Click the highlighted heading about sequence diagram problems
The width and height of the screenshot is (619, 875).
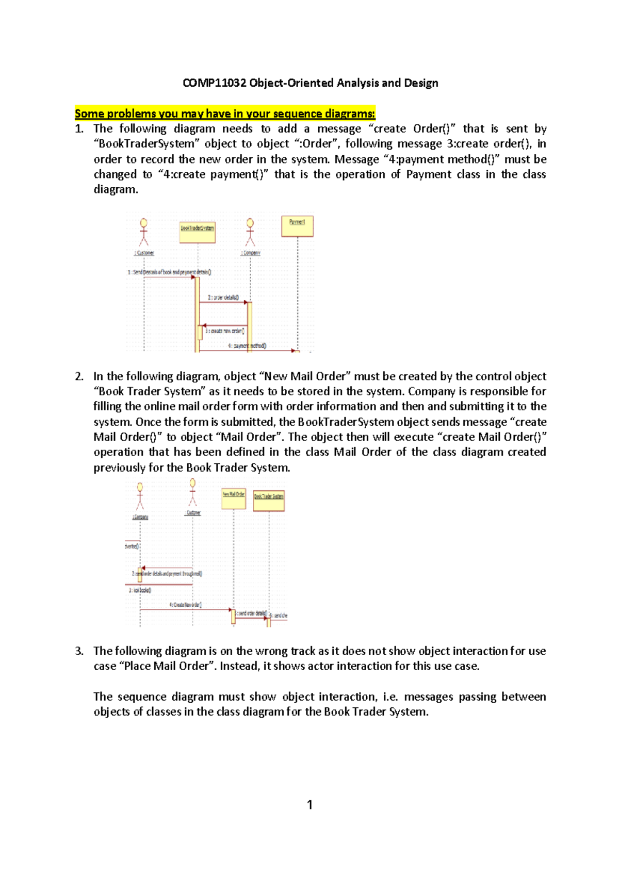[x=225, y=114]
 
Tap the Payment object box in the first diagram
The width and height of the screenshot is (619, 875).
[x=297, y=226]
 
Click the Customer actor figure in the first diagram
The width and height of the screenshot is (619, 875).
[x=144, y=233]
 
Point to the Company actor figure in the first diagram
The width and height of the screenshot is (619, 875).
[x=250, y=233]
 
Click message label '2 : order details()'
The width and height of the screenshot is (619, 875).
[x=223, y=298]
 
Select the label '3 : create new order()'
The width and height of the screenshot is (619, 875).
[x=225, y=331]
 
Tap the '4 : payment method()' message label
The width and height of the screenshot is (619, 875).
[x=248, y=346]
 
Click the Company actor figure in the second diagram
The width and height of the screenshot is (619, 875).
[x=140, y=496]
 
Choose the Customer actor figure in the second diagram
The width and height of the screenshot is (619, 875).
[x=192, y=492]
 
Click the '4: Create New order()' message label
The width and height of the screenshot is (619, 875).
[x=186, y=605]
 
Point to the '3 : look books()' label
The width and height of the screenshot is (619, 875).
[x=140, y=590]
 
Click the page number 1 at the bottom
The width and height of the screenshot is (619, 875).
[x=309, y=805]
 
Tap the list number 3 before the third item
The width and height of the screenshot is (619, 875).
[x=78, y=651]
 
